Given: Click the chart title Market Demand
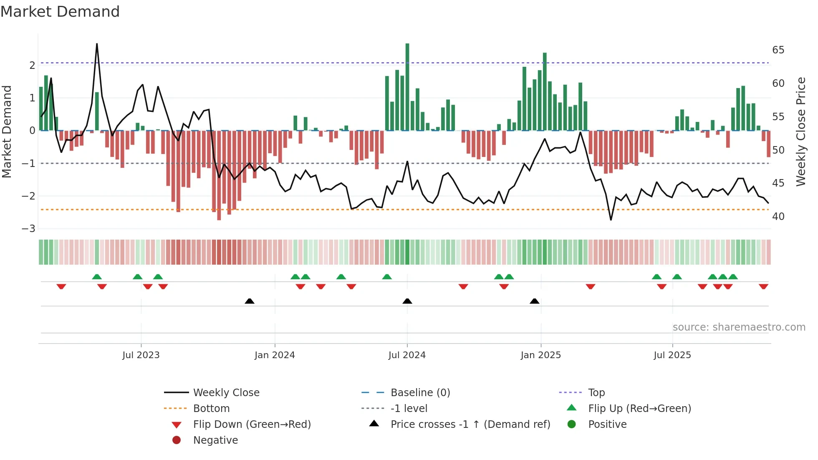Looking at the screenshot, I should pos(60,12).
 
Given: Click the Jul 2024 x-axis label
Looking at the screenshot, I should pos(407,355).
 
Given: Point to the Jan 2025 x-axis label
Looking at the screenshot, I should pos(540,355).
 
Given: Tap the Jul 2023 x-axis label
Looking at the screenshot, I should pos(141,355).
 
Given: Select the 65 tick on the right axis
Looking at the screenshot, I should pos(778,50).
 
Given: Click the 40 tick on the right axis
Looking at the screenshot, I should pos(778,217).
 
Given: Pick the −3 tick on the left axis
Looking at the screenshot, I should pos(29,229).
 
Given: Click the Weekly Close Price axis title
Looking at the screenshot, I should pos(800,131).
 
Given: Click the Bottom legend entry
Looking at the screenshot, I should pos(211,409).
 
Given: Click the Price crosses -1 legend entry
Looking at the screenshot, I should pos(470,425).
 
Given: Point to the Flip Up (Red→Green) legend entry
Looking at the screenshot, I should pos(639,409).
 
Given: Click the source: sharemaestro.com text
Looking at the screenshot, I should pos(739,327).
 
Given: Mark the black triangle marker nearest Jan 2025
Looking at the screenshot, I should pos(534,301).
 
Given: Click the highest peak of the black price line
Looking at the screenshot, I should pos(97,44).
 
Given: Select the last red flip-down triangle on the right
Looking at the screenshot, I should pos(763,286).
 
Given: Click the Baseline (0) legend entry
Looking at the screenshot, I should pos(420,393).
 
